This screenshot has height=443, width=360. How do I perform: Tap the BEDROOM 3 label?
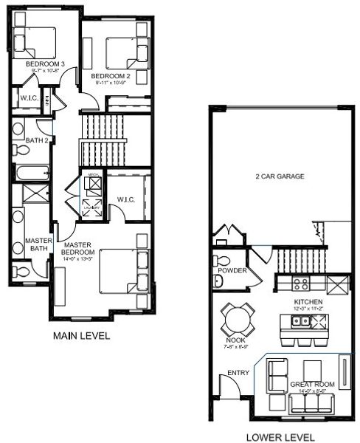click(46, 64)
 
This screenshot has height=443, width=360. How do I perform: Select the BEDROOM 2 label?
click(111, 76)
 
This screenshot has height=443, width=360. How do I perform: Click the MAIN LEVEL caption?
click(82, 336)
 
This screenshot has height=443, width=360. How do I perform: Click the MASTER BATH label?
click(36, 244)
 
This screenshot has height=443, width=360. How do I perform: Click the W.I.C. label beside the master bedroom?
click(125, 199)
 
